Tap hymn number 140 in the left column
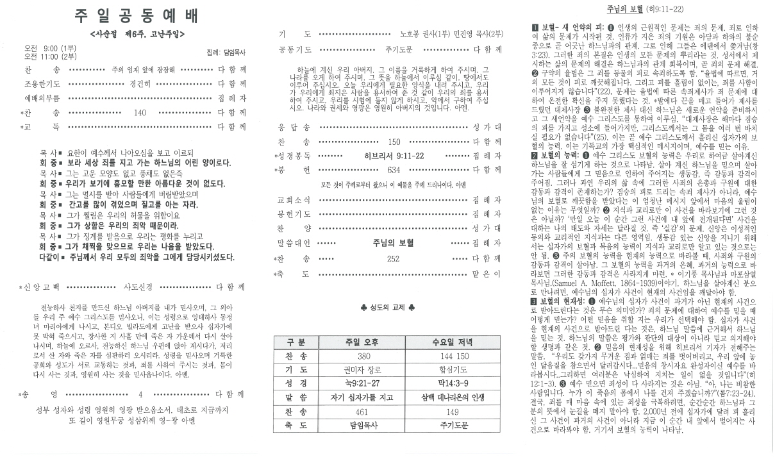140,112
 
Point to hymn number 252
393,258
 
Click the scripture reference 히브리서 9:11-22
393,156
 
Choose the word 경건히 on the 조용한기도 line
140,83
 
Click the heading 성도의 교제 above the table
388,308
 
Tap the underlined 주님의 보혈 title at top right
624,10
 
